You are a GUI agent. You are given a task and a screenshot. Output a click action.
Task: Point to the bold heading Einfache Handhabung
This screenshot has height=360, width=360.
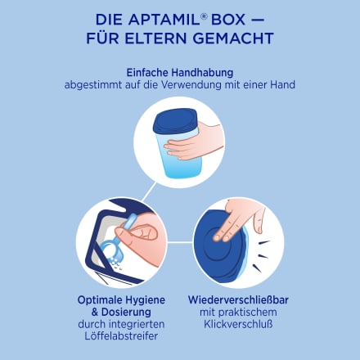coord(179,72)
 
